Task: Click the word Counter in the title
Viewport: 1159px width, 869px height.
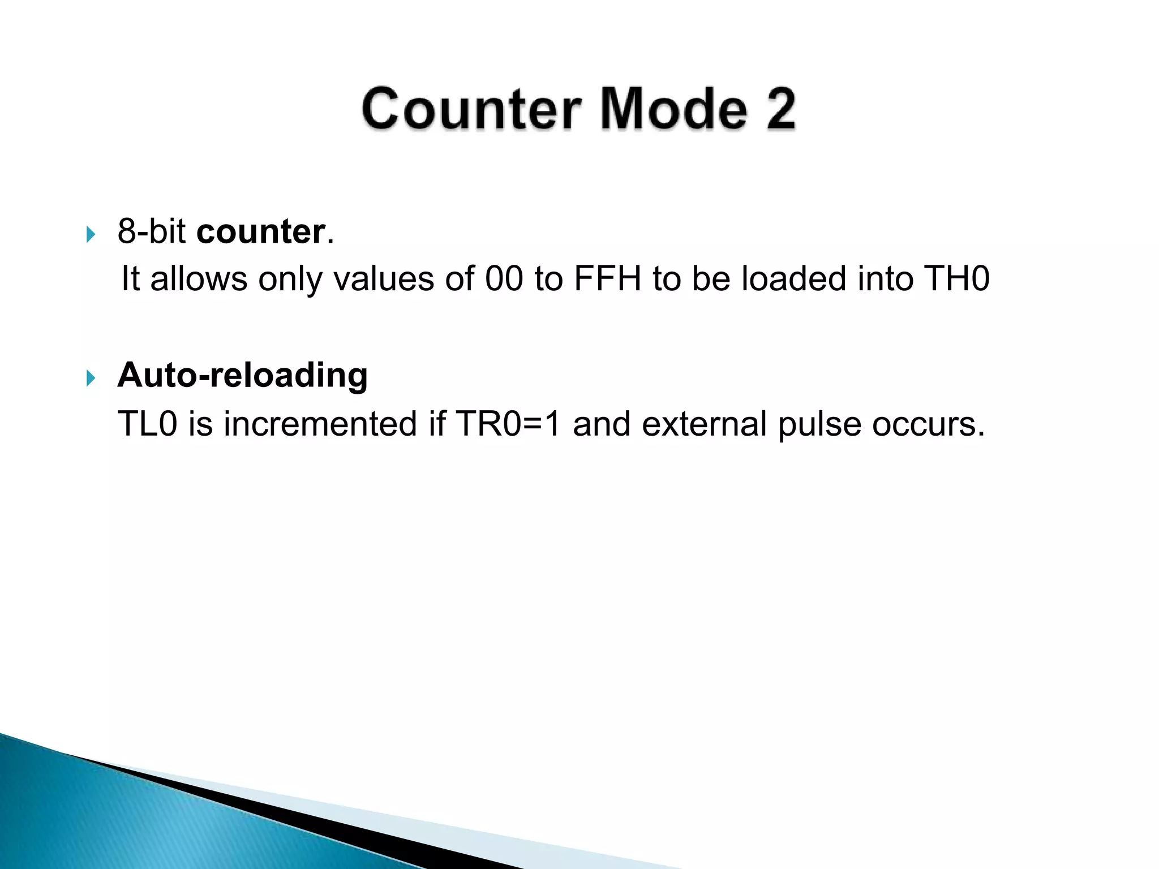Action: click(x=471, y=110)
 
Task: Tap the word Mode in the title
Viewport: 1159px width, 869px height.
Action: click(x=673, y=110)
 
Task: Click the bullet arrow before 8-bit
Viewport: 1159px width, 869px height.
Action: click(x=91, y=234)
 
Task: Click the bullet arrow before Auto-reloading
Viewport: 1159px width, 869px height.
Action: click(x=91, y=378)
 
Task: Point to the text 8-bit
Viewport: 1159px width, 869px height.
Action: click(x=152, y=231)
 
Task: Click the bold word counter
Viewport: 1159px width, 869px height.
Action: click(x=261, y=232)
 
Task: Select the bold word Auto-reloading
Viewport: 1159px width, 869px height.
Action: click(x=242, y=376)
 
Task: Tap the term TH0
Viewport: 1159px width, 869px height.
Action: click(x=956, y=279)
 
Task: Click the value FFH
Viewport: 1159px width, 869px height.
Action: click(x=607, y=279)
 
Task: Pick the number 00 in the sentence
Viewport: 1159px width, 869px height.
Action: click(x=504, y=279)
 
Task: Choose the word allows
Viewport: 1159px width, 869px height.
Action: click(x=199, y=279)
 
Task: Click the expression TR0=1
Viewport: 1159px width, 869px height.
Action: click(x=508, y=424)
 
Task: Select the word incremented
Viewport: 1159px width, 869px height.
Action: click(x=320, y=424)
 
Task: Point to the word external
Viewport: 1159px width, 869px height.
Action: click(x=704, y=424)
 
